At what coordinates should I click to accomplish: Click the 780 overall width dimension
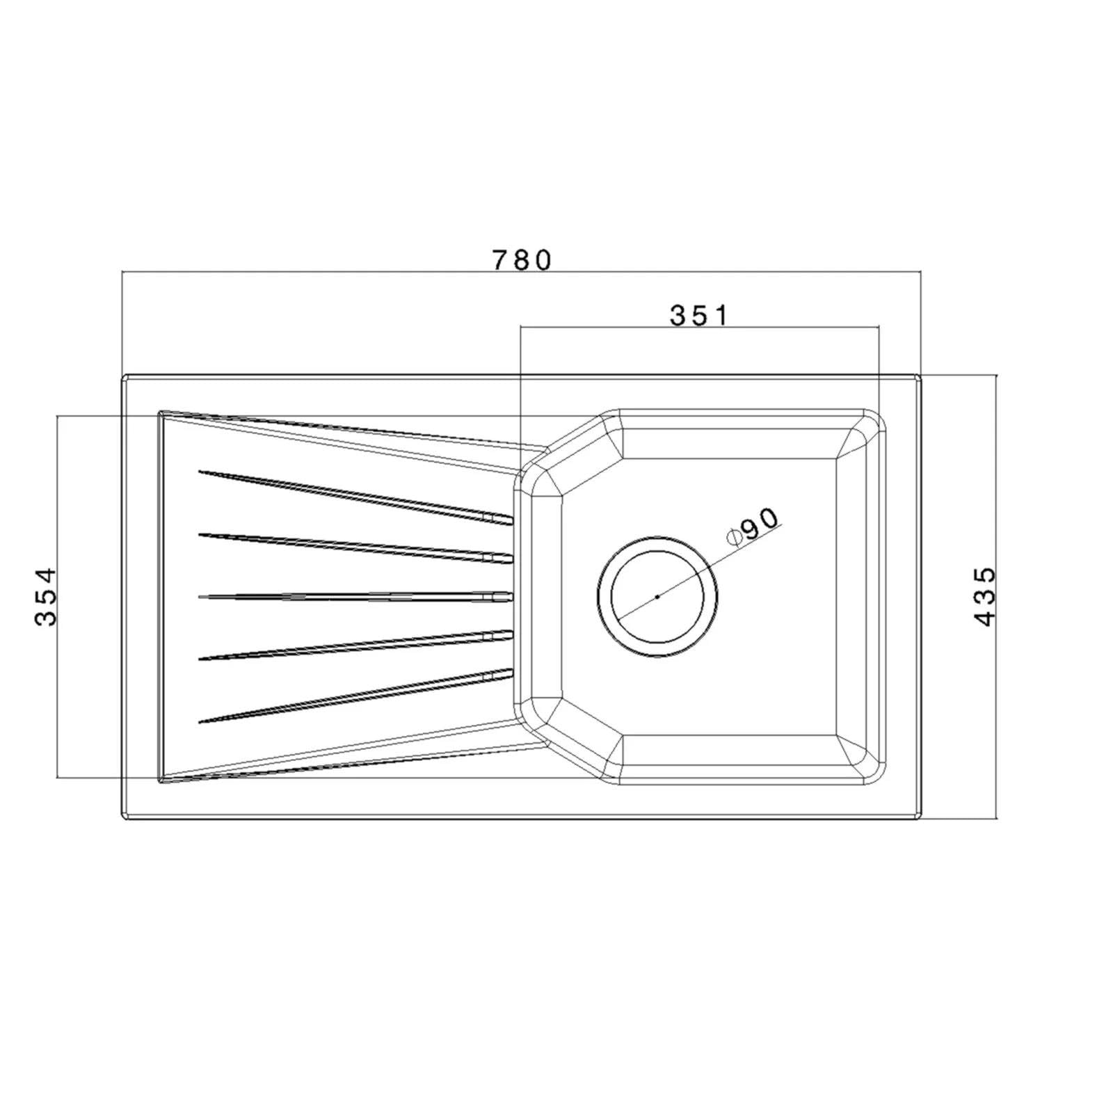(x=522, y=259)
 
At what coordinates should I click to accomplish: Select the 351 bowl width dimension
(x=698, y=315)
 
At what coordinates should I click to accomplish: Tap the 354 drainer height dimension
(x=45, y=597)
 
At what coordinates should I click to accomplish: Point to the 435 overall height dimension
(x=985, y=597)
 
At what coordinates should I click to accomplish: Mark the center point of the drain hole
(x=657, y=596)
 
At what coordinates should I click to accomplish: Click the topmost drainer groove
(x=355, y=496)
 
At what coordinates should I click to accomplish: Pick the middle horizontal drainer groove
(x=355, y=596)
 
